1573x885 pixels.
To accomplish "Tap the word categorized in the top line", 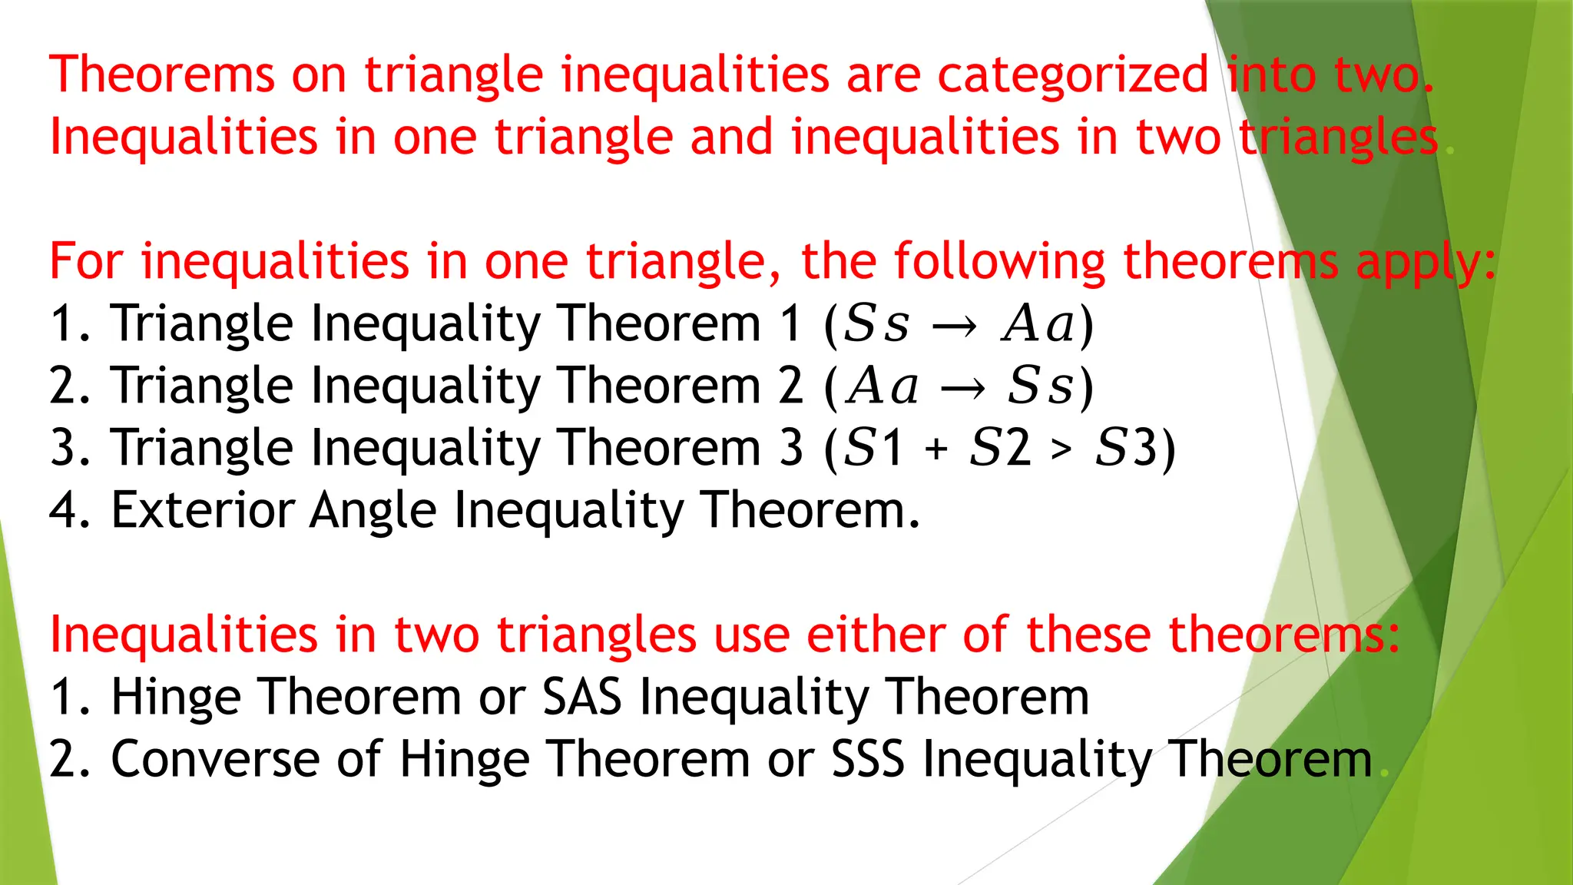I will point(1073,76).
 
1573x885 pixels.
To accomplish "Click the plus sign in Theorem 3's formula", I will point(936,449).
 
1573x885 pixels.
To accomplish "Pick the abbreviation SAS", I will point(581,697).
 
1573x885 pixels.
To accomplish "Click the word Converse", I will point(215,759).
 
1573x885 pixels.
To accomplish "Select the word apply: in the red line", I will point(1426,263).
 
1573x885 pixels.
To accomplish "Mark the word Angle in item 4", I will point(373,511).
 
